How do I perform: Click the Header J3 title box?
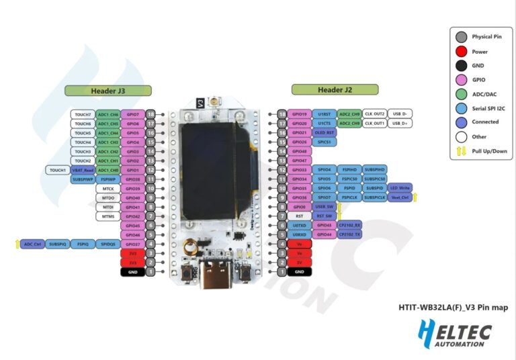pyautogui.click(x=107, y=90)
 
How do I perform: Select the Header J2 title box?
pyautogui.click(x=335, y=90)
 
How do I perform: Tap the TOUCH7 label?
pyautogui.click(x=83, y=114)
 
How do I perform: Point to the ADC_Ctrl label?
pyautogui.click(x=32, y=244)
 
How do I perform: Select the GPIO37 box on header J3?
pyautogui.click(x=132, y=244)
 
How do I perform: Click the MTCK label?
pyautogui.click(x=107, y=189)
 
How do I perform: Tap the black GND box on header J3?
pyautogui.click(x=132, y=272)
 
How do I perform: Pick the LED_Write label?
pyautogui.click(x=400, y=189)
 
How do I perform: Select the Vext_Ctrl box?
pyautogui.click(x=400, y=198)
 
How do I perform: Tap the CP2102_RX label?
pyautogui.click(x=349, y=226)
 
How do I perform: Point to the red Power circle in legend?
pyautogui.click(x=461, y=51)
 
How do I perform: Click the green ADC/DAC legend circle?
pyautogui.click(x=461, y=93)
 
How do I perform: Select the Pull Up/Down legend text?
pyautogui.click(x=488, y=151)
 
